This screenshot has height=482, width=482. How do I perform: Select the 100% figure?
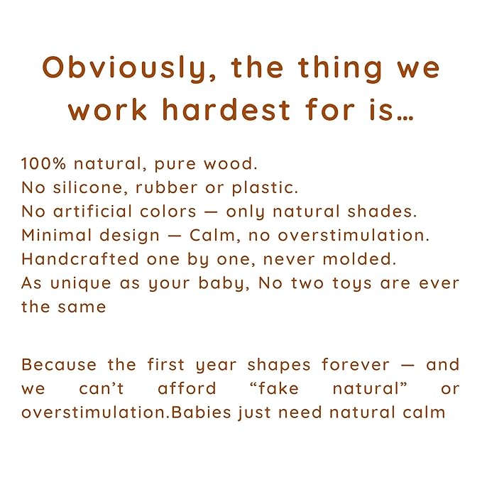(41, 164)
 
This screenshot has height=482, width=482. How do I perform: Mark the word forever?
(355, 365)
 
